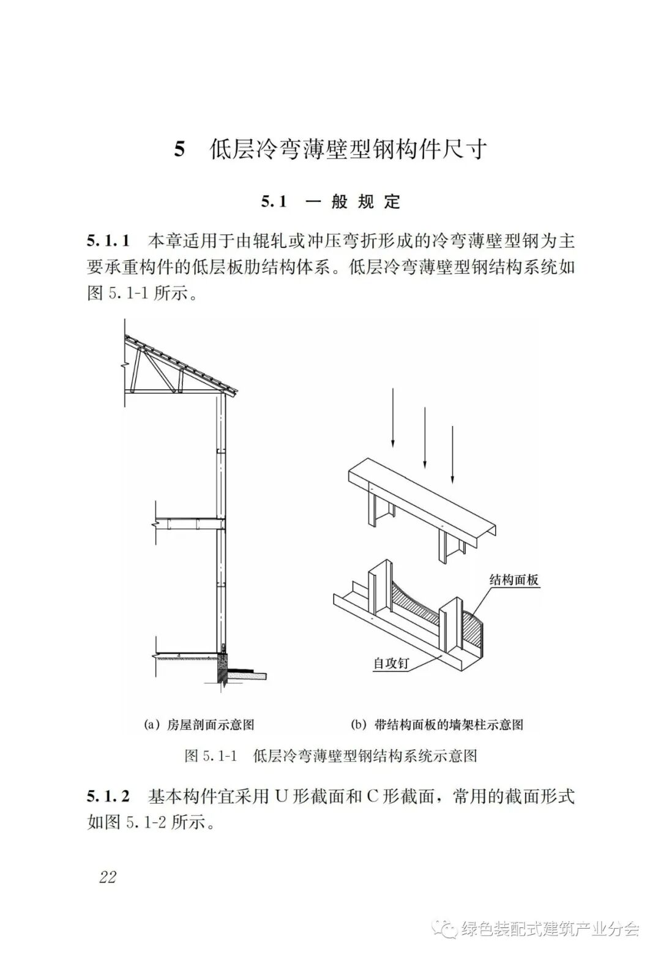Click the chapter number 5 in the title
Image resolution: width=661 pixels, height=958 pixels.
click(179, 149)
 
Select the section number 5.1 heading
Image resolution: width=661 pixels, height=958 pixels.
click(274, 202)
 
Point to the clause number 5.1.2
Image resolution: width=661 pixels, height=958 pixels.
click(108, 797)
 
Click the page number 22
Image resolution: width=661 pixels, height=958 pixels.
click(107, 877)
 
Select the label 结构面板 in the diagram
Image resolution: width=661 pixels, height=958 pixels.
click(514, 580)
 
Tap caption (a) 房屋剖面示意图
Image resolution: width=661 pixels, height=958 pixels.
click(198, 725)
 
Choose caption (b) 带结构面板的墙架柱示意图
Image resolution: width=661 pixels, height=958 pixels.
click(436, 725)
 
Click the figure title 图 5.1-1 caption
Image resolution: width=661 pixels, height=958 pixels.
click(330, 755)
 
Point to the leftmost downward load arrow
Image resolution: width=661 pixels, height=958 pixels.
click(393, 416)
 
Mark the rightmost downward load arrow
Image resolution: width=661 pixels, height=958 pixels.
click(452, 453)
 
